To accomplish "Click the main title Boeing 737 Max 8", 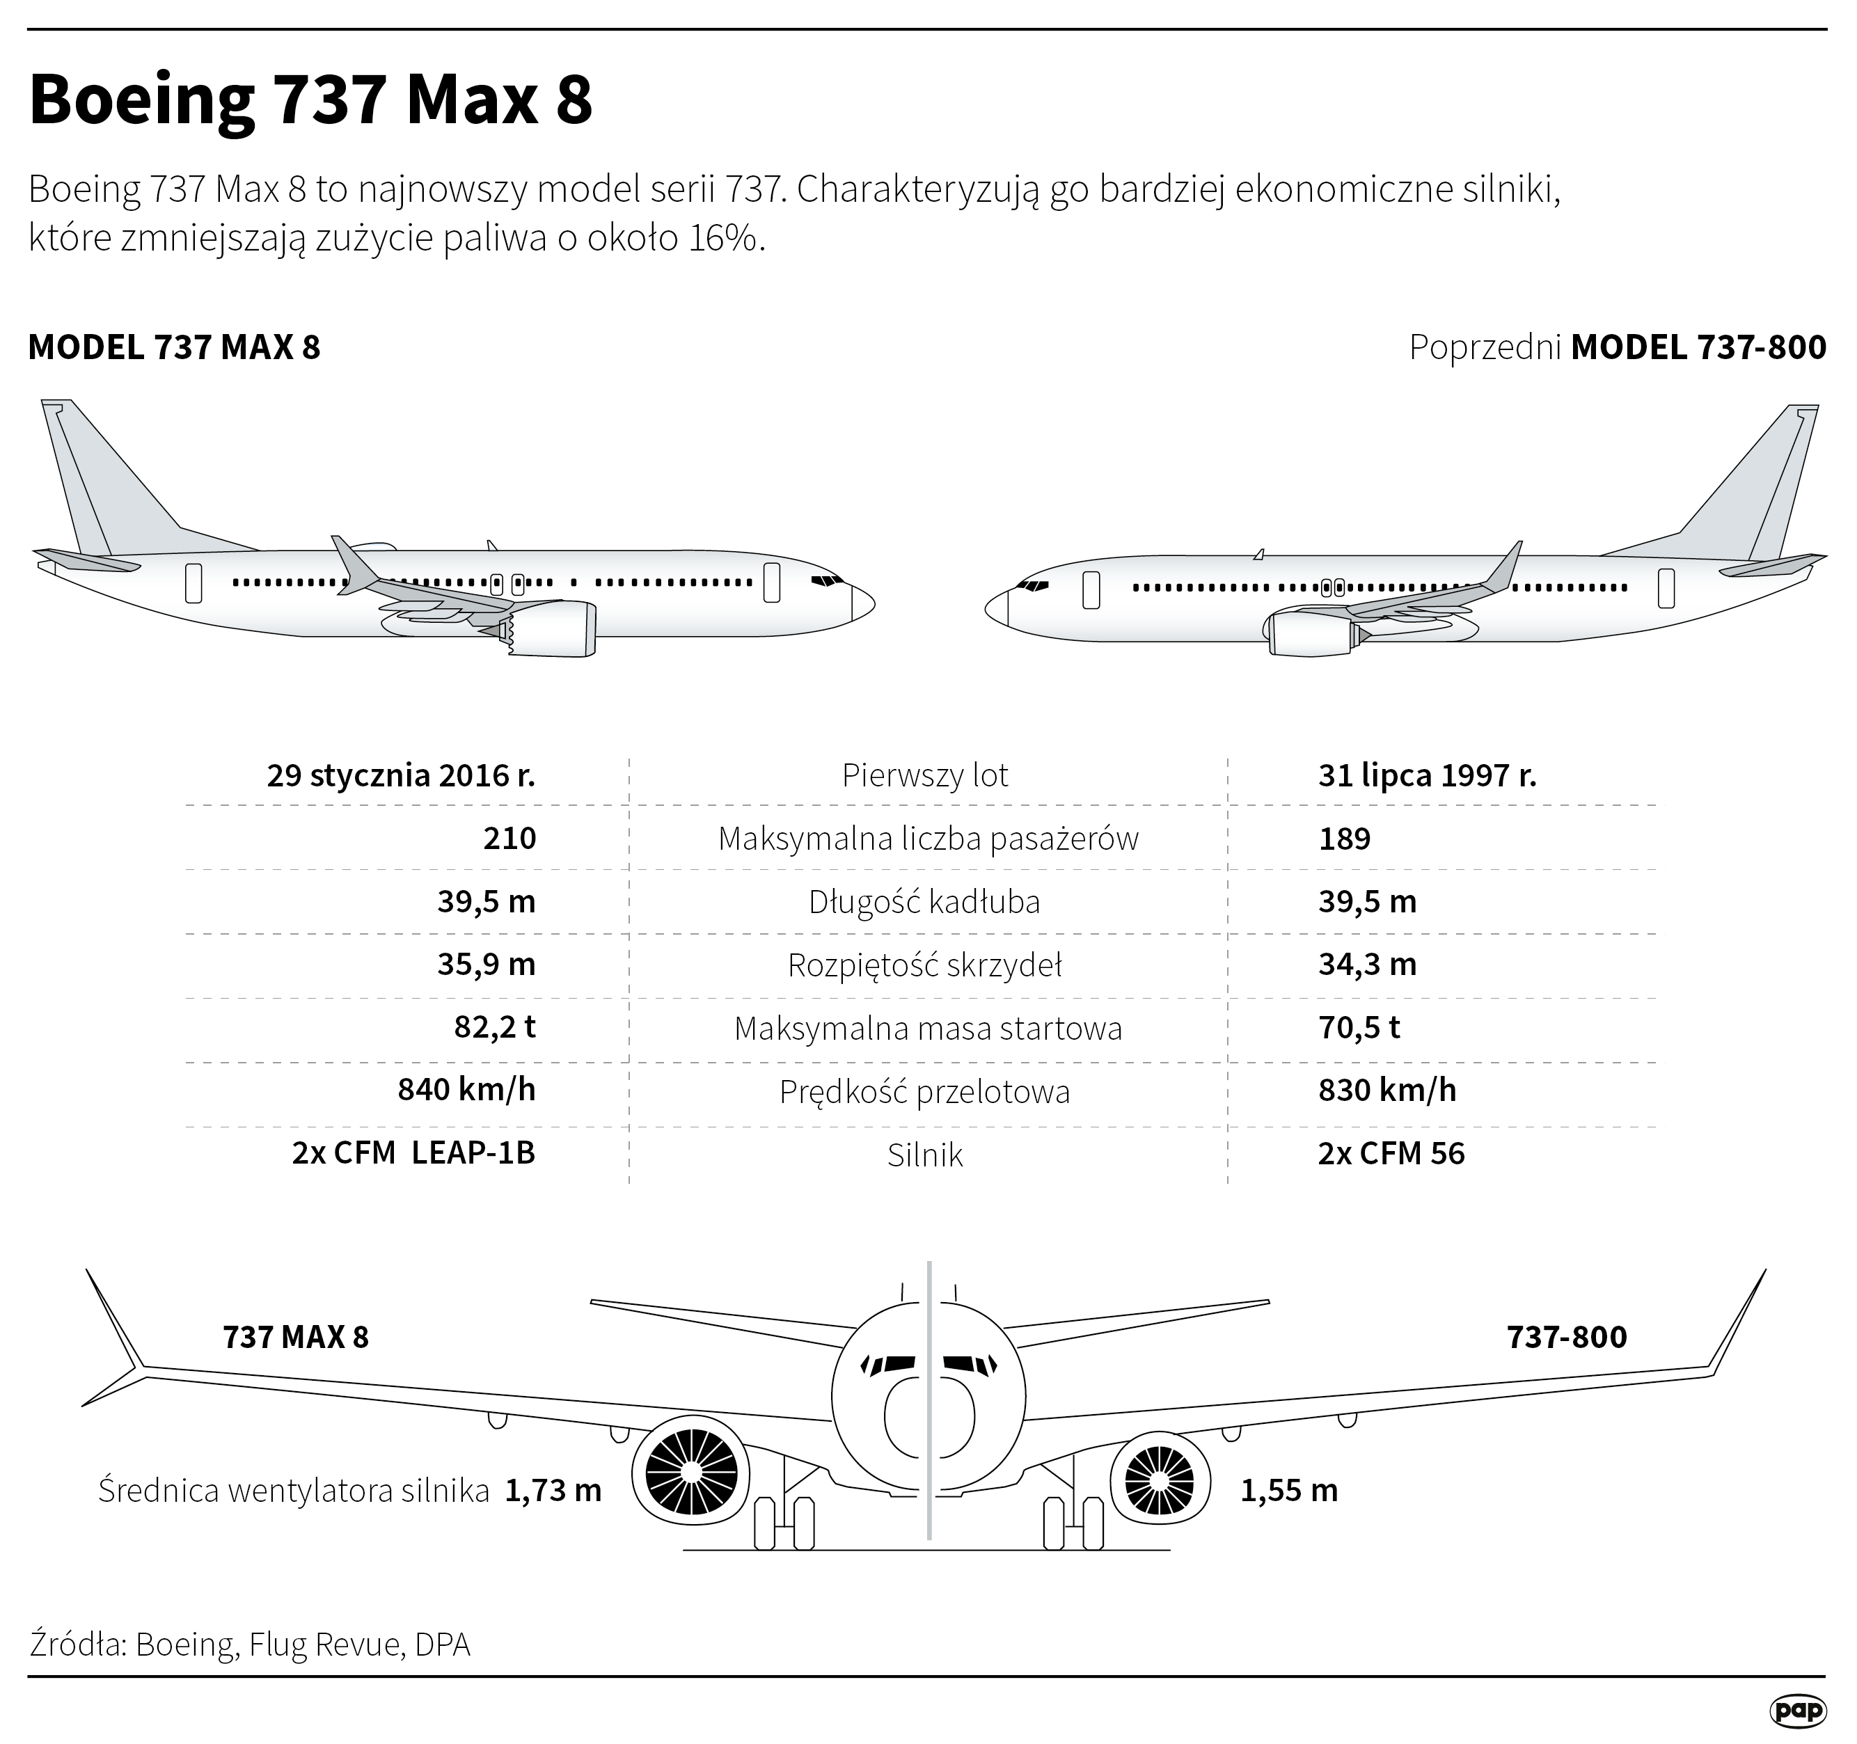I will (x=311, y=100).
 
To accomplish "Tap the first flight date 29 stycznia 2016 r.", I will (x=401, y=775).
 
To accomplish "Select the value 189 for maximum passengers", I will (x=1344, y=839).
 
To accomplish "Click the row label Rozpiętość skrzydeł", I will (x=925, y=965).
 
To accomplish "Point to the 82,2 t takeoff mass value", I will (x=494, y=1027).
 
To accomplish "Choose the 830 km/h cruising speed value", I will (x=1386, y=1090).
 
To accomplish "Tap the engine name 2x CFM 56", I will (x=1391, y=1154).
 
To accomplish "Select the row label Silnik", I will (x=925, y=1155).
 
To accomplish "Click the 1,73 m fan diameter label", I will (x=553, y=1491).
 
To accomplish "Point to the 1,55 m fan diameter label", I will (x=1288, y=1491).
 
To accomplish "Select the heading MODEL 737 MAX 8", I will (x=175, y=347).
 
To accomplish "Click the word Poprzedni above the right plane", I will (x=1485, y=347).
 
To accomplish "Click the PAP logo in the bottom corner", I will (x=1797, y=1711).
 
